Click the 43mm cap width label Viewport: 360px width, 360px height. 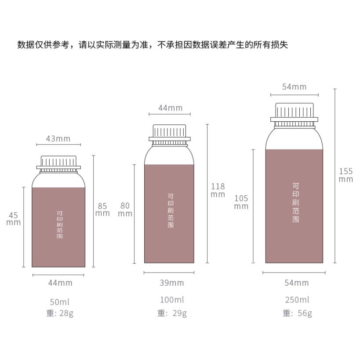58,139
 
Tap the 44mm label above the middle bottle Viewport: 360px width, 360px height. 170,108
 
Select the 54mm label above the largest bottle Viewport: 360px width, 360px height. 294,87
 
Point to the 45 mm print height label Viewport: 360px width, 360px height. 14,218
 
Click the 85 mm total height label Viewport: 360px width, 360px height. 102,209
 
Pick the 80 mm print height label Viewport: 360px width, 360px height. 125,209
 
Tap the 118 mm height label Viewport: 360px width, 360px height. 218,190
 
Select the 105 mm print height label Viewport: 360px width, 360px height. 241,202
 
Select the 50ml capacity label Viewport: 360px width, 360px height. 60,302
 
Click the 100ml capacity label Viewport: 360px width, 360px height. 171,300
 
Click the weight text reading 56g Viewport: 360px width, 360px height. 297,313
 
